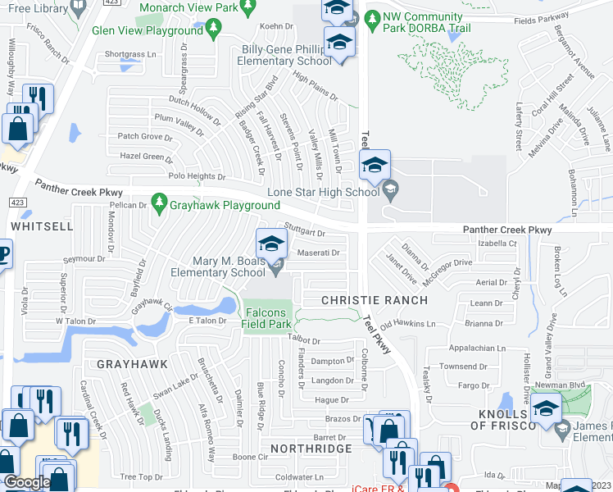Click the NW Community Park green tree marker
(x=370, y=17)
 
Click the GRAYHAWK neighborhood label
(x=132, y=363)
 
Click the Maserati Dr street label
(x=319, y=253)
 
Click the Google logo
(x=25, y=482)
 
